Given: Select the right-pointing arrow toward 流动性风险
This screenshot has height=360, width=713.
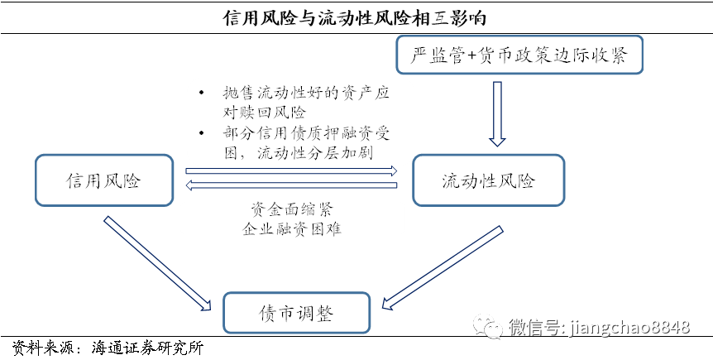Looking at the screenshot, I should [x=292, y=171].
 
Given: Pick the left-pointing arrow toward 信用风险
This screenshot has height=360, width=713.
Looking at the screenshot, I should [x=292, y=185].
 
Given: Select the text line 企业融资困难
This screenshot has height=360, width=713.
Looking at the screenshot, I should [x=291, y=228].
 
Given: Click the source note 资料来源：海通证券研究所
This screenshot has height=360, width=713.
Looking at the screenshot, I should [x=108, y=348].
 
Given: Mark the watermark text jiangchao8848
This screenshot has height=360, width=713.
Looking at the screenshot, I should [x=629, y=329].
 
